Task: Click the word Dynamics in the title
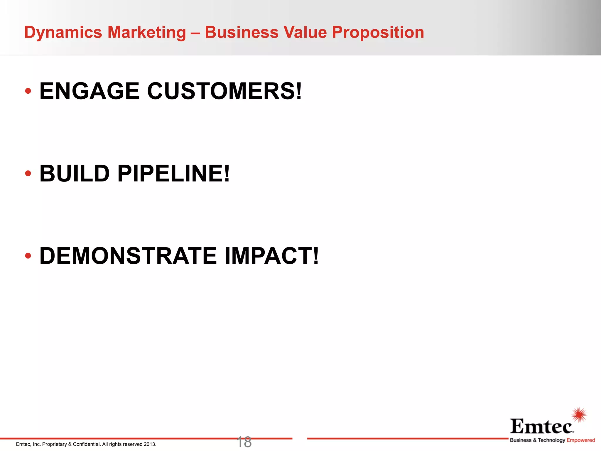pyautogui.click(x=63, y=32)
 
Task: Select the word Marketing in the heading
pyautogui.click(x=146, y=32)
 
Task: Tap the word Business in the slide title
pyautogui.click(x=242, y=32)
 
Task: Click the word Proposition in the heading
pyautogui.click(x=378, y=32)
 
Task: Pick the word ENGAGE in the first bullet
pyautogui.click(x=89, y=91)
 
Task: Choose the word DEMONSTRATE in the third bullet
pyautogui.click(x=128, y=256)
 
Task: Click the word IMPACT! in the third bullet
pyautogui.click(x=272, y=256)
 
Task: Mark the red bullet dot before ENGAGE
pyautogui.click(x=28, y=91)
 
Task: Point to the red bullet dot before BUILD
pyautogui.click(x=28, y=174)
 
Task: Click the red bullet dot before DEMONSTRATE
pyautogui.click(x=28, y=256)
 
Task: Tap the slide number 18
pyautogui.click(x=244, y=442)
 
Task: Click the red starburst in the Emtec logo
pyautogui.click(x=579, y=415)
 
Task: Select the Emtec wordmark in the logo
pyautogui.click(x=541, y=426)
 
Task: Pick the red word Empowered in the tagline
pyautogui.click(x=581, y=440)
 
